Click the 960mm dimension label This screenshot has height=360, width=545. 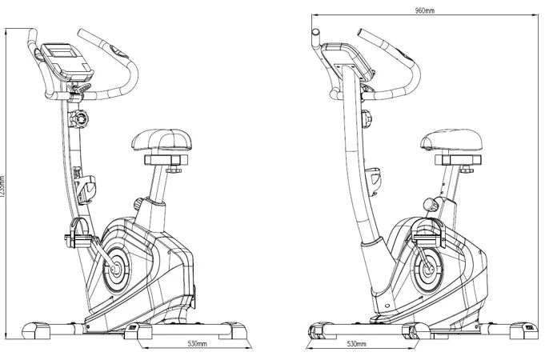click(425, 10)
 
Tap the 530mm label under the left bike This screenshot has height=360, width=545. click(198, 344)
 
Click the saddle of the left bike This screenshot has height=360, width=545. click(162, 142)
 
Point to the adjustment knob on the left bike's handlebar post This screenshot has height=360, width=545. click(81, 120)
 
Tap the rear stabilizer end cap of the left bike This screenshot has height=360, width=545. click(234, 329)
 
